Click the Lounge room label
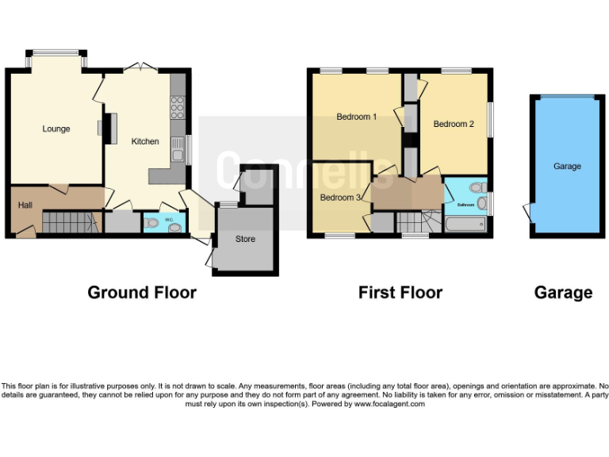click(x=56, y=129)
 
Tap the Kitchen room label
click(x=145, y=141)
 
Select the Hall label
click(x=25, y=205)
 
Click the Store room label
click(x=245, y=239)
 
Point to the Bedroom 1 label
click(x=356, y=117)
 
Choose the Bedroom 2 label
click(x=454, y=124)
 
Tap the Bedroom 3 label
click(x=339, y=197)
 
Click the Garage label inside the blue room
click(x=567, y=167)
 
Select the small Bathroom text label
click(x=465, y=205)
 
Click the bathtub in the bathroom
click(x=465, y=225)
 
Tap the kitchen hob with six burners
click(x=178, y=106)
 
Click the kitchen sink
click(x=178, y=148)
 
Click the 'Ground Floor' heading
click(x=142, y=292)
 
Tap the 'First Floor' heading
click(x=400, y=292)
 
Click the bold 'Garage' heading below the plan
click(x=563, y=292)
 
